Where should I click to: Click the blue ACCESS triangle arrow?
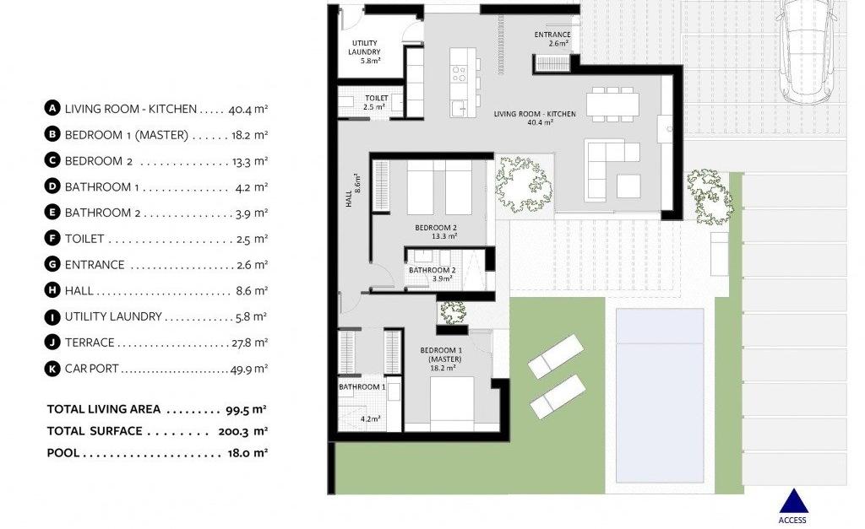tap(793, 501)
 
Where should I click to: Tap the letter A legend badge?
tap(52, 108)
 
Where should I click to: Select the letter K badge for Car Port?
tap(52, 368)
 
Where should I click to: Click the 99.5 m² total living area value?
tap(246, 409)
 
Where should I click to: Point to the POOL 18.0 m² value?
tap(248, 453)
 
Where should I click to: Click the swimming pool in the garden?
tap(659, 395)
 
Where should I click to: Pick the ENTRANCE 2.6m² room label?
tap(552, 39)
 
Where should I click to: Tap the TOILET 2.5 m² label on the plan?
tap(376, 102)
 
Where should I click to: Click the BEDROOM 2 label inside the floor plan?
tap(437, 232)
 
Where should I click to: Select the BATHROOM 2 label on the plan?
tap(432, 274)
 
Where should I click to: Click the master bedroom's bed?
tap(452, 403)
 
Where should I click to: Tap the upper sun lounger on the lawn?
tap(555, 356)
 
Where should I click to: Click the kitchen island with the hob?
tap(462, 82)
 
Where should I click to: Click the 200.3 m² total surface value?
tap(242, 431)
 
